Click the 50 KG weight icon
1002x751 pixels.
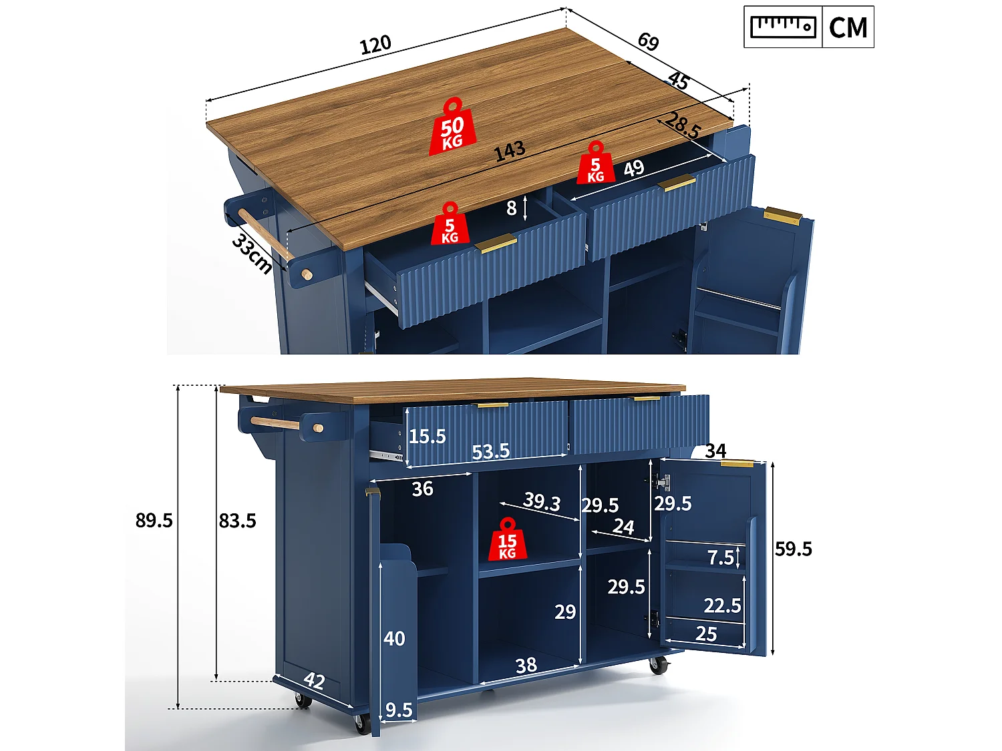(x=452, y=127)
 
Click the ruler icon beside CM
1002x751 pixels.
(x=783, y=27)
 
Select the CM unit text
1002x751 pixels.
(x=848, y=28)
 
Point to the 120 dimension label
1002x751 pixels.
(x=375, y=45)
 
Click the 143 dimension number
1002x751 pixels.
(x=510, y=152)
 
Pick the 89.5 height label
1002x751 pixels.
(x=154, y=520)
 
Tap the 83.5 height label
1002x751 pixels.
(x=237, y=520)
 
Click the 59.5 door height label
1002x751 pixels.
(x=794, y=549)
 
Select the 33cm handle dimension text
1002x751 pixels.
(x=252, y=254)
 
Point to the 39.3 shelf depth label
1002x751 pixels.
(x=542, y=501)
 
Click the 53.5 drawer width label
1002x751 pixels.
(x=490, y=451)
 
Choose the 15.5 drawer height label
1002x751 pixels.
(x=427, y=437)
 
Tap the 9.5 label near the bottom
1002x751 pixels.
(x=399, y=710)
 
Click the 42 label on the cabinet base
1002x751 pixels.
(x=314, y=681)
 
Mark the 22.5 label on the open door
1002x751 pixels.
(x=722, y=605)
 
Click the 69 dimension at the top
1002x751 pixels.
(x=648, y=41)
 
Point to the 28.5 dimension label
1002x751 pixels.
(x=683, y=126)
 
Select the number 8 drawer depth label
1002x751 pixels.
(x=511, y=208)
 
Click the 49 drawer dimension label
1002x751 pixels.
(x=634, y=169)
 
